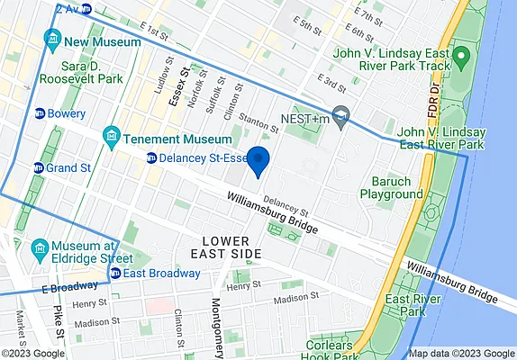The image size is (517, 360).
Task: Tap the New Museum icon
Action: coord(51,41)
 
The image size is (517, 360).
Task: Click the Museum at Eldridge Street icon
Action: coord(40,247)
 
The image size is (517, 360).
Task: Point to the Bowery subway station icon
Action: coord(40,114)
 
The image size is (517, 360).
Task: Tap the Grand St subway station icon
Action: coord(39,167)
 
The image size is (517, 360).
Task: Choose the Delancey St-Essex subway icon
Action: coord(152,159)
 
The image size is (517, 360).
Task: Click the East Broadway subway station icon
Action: coord(115,274)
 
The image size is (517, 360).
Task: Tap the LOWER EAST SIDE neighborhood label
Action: coord(231,247)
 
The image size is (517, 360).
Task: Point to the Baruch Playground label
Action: coord(392,187)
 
